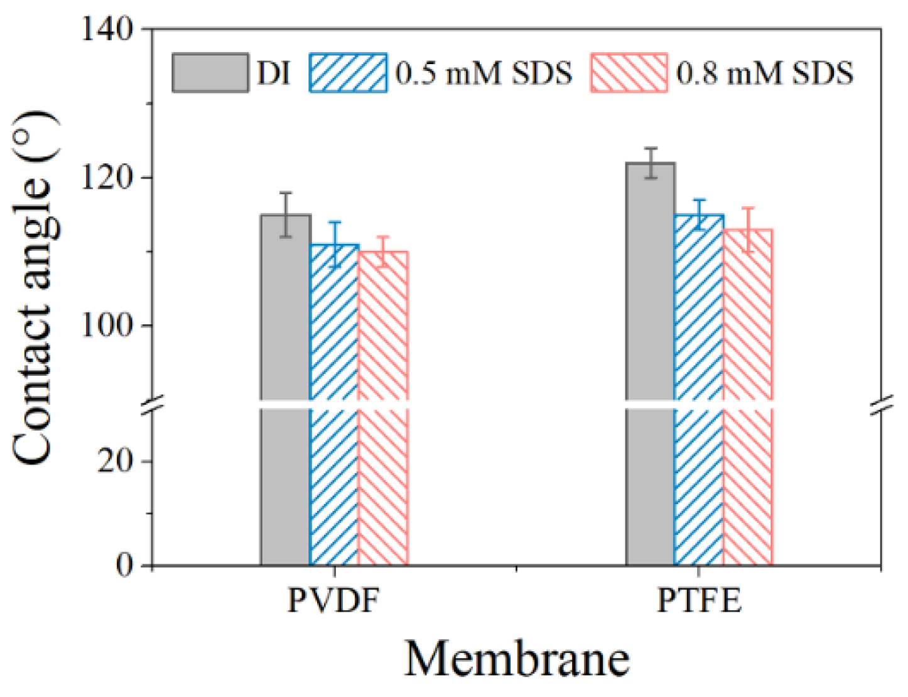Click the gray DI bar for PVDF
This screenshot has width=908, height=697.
(x=286, y=390)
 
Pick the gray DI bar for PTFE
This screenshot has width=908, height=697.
(x=650, y=365)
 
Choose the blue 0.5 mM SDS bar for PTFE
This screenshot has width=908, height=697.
(x=698, y=390)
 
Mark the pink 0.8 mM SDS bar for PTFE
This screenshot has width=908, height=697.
(x=748, y=396)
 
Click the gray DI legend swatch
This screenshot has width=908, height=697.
(x=210, y=73)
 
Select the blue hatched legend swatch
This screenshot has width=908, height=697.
(x=348, y=73)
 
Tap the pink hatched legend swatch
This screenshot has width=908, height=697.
(x=629, y=73)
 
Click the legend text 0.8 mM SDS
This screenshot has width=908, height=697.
(x=765, y=73)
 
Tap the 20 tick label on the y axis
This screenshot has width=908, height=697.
(x=116, y=461)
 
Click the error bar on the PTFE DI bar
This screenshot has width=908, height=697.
(x=651, y=163)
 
